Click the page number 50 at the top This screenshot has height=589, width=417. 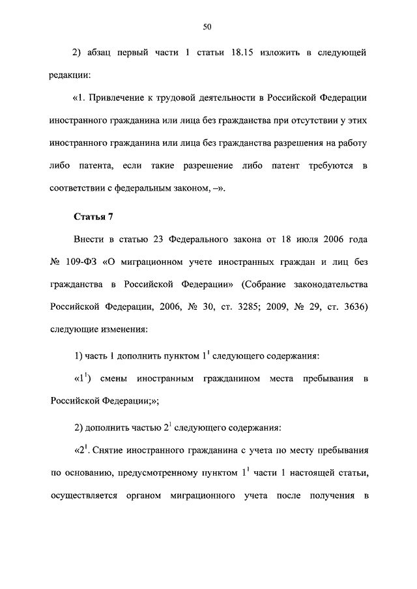click(207, 27)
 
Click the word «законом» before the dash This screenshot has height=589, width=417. click(190, 189)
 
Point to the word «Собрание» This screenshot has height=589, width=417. click(268, 284)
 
